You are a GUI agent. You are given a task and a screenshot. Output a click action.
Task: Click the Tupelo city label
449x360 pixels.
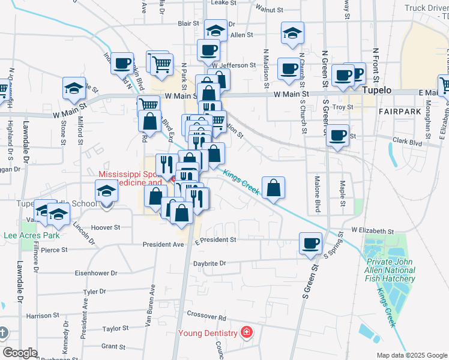coord(377,90)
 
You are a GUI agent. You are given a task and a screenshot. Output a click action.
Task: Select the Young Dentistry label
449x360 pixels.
coord(206,333)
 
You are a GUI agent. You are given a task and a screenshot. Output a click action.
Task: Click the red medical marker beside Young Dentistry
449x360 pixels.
coord(245,332)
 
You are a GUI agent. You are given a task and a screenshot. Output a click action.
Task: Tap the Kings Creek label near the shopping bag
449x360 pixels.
coord(241,182)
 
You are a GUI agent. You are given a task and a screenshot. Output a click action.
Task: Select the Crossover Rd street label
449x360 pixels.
coord(206,316)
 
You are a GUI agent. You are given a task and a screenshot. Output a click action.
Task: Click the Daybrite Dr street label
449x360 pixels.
coord(209,263)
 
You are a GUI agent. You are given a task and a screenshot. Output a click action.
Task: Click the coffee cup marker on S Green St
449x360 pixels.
coord(311,243)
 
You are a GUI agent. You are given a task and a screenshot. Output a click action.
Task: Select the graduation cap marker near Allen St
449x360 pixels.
coord(215,29)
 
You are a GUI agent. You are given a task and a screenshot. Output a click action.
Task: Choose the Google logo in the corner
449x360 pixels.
coord(20,353)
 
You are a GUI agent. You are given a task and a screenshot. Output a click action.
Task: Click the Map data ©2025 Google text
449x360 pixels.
coord(411,355)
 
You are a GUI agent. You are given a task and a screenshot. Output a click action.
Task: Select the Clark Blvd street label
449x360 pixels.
coord(408,142)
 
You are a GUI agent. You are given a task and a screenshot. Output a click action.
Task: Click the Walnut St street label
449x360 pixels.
coord(269,10)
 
